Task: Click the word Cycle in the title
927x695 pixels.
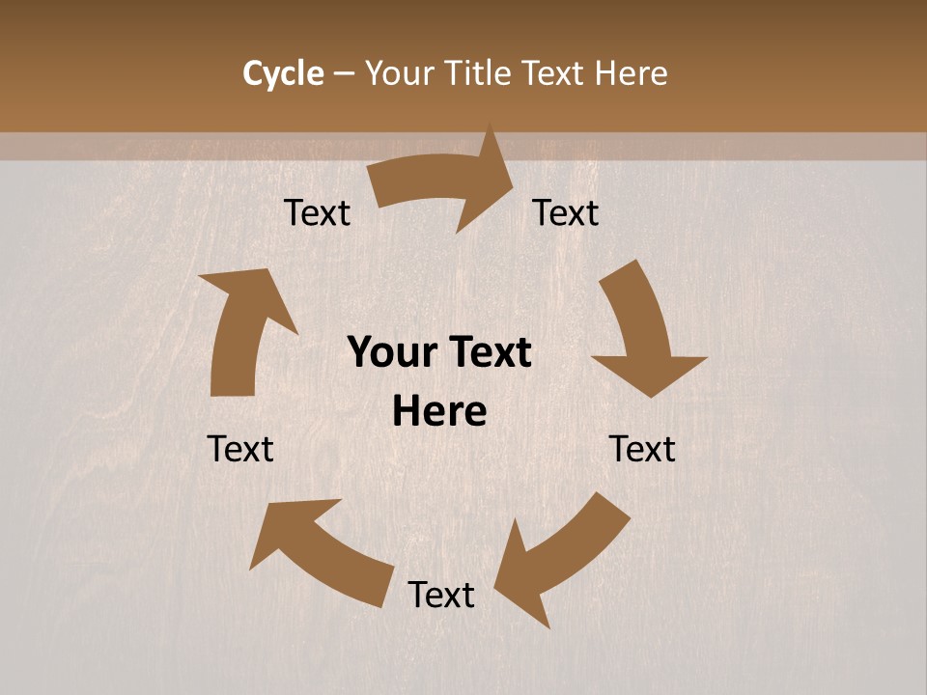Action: point(283,73)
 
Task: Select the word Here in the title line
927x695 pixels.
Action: point(631,73)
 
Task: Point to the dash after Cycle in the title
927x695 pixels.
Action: point(344,74)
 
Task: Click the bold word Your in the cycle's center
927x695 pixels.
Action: point(390,353)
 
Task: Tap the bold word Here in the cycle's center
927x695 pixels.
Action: point(439,412)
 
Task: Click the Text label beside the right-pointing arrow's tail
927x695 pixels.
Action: point(317,212)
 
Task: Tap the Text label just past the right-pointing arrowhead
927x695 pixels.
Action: point(566,212)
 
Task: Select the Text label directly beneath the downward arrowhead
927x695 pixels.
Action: point(642,449)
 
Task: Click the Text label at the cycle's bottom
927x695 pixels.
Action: point(441,595)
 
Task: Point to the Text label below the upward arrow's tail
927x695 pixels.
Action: point(240,449)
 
